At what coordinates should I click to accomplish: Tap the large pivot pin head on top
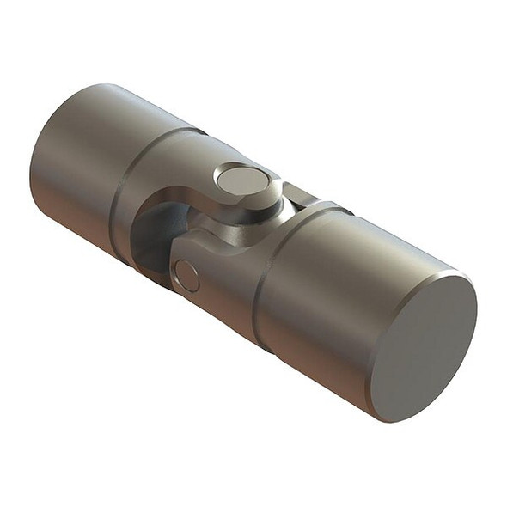[x=241, y=180]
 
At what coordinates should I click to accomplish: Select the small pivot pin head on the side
[x=186, y=276]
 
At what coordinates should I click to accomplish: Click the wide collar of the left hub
[x=155, y=172]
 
